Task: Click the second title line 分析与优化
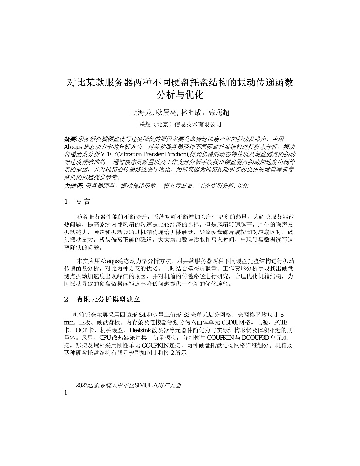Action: point(180,94)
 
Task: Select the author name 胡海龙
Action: point(141,113)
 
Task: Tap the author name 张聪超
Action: point(218,113)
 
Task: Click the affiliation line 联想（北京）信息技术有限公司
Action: point(180,124)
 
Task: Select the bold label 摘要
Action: point(70,139)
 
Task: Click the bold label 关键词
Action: point(73,186)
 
